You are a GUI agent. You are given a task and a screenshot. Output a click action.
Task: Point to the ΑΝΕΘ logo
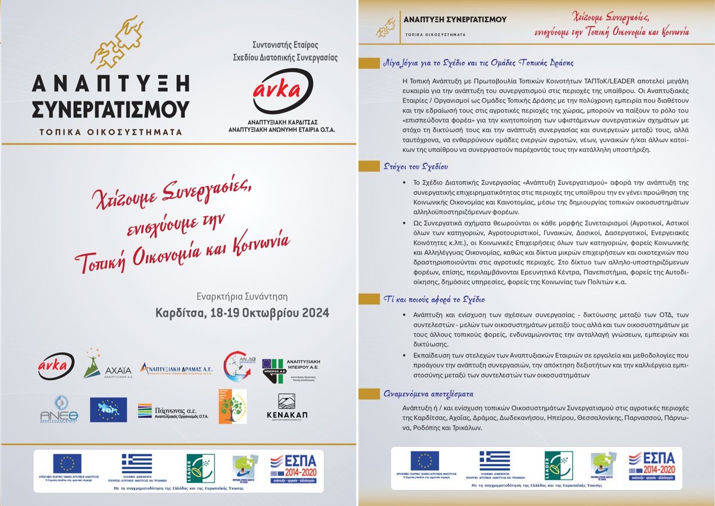click(x=59, y=409)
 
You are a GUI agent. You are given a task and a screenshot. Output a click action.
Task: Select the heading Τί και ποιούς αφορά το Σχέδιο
click(x=434, y=299)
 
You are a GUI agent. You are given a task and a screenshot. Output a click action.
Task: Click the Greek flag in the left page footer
click(x=137, y=464)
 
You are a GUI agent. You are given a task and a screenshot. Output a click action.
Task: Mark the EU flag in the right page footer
click(x=425, y=461)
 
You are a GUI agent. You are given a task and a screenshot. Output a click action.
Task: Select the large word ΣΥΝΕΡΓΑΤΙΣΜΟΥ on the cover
click(x=110, y=109)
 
